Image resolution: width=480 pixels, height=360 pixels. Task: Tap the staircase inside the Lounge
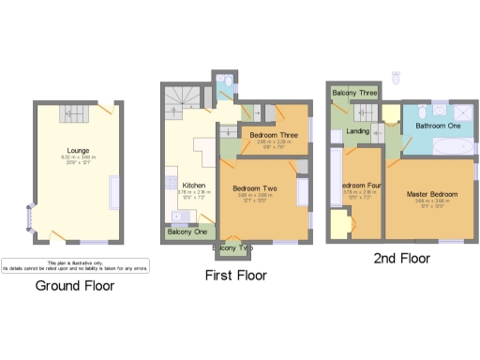click(72, 113)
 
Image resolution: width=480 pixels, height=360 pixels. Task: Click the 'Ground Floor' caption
click(75, 285)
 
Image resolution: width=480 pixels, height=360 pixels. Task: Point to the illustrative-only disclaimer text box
click(75, 265)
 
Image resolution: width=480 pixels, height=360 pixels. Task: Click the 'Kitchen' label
click(194, 185)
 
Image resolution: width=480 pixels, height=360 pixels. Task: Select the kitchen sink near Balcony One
click(172, 211)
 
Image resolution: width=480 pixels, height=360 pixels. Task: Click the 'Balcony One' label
click(187, 232)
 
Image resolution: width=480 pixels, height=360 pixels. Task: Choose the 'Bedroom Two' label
click(255, 188)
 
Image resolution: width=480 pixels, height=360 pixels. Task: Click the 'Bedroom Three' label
click(275, 135)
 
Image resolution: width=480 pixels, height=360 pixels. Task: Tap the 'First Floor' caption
click(235, 276)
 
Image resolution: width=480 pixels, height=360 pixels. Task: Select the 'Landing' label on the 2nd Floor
click(357, 131)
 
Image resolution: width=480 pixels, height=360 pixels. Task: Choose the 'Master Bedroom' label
click(429, 194)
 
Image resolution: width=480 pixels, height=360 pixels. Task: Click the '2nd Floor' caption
click(401, 258)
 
